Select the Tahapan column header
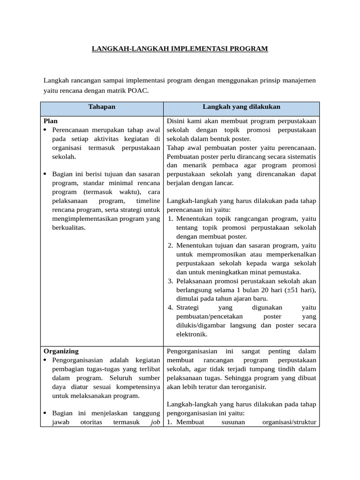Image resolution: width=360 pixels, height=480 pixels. [102, 107]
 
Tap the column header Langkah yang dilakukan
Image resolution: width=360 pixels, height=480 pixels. [241, 107]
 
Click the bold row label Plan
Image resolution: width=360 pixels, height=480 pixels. [51, 121]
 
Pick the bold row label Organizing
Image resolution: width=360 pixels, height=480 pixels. [61, 351]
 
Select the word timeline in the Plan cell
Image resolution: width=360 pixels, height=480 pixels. [148, 201]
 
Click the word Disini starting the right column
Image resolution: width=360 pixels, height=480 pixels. [176, 121]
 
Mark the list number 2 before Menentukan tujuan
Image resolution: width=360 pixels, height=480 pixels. [171, 246]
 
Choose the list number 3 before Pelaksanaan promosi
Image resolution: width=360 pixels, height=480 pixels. [171, 281]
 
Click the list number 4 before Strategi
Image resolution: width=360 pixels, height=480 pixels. [171, 308]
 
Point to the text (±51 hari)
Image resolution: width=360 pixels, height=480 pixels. [300, 290]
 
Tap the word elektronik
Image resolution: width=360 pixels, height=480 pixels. [192, 335]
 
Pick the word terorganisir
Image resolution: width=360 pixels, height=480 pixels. [249, 387]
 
